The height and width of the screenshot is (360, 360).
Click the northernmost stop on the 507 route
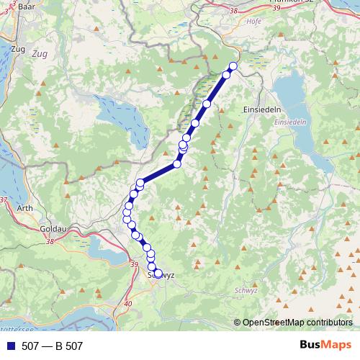(x=233, y=66)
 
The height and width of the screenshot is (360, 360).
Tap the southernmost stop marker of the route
(x=158, y=273)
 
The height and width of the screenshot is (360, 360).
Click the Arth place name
(x=24, y=209)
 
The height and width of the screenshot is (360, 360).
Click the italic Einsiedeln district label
(x=290, y=122)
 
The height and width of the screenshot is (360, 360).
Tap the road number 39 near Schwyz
(x=134, y=266)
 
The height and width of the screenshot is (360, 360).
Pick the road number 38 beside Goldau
(x=50, y=242)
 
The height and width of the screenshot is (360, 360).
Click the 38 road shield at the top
(x=232, y=10)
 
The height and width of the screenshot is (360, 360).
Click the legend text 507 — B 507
(x=52, y=346)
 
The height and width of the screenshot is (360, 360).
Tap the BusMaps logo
(x=326, y=346)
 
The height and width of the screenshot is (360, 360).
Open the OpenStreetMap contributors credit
(x=297, y=323)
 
